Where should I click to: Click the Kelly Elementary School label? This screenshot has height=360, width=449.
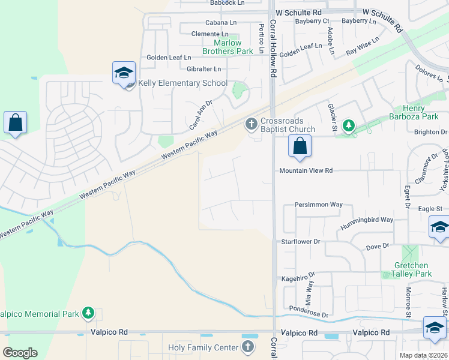[x=183, y=83]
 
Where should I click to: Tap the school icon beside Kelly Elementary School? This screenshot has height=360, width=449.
[x=124, y=74]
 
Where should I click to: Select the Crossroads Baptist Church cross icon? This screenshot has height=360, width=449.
[x=251, y=124]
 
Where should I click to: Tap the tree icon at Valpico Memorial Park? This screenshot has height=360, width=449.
[x=88, y=313]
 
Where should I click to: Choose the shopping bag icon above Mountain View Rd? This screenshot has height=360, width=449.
[x=300, y=146]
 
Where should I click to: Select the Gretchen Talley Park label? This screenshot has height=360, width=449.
[x=412, y=269]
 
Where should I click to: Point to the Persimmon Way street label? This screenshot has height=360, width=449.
[x=318, y=205]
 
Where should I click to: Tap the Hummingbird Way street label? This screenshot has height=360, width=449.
[x=367, y=223]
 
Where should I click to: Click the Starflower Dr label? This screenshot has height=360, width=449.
[x=301, y=241]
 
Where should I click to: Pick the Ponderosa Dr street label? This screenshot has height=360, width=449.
[x=309, y=314]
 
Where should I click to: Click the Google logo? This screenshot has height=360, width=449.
[x=20, y=353]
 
